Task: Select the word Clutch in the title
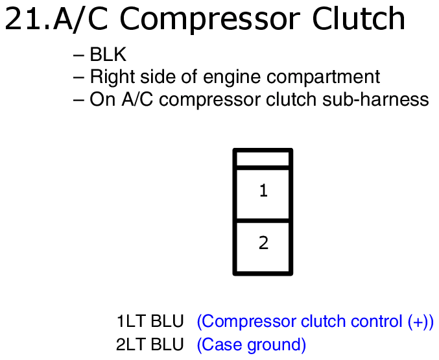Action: tap(359, 18)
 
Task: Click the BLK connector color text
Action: tap(108, 54)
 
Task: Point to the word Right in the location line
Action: tap(113, 77)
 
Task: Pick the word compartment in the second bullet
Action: tap(323, 77)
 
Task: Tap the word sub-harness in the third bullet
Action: tap(375, 99)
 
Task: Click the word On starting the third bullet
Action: tap(102, 99)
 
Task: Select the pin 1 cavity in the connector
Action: tap(263, 193)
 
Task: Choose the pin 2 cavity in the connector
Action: tap(263, 247)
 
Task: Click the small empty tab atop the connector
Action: tap(263, 159)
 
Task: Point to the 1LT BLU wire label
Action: tap(150, 321)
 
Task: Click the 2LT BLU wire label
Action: tap(150, 344)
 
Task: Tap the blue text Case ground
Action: tap(252, 345)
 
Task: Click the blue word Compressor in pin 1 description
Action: tap(248, 322)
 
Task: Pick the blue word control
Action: tap(377, 321)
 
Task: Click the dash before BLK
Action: tap(78, 55)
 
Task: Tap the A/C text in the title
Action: tap(80, 19)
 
